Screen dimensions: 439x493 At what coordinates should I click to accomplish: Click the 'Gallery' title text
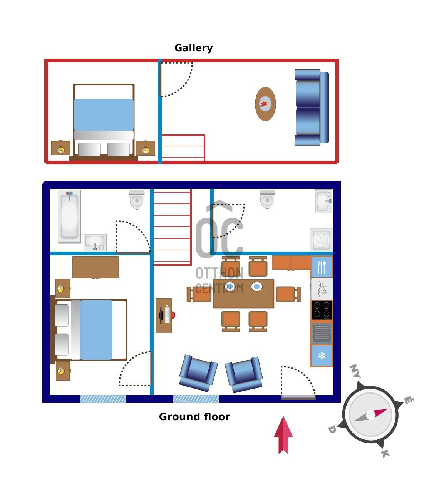pos(193,48)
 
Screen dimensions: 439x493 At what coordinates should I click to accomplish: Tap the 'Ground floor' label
pos(194,417)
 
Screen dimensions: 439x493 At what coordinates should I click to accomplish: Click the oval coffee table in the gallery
pos(265,104)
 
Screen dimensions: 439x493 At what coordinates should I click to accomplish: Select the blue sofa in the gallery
pos(312,107)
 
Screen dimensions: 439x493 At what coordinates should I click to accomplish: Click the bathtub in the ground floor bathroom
pos(70,216)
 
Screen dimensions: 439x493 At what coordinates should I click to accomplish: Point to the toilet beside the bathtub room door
pos(137,200)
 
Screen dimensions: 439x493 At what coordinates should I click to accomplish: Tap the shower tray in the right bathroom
pos(321,240)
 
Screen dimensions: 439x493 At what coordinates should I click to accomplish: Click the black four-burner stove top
pos(322,310)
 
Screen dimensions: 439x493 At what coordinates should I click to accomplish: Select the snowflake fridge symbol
pos(322,356)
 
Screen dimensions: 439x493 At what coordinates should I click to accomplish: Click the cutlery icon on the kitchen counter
pos(322,267)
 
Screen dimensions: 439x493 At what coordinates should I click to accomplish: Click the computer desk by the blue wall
pos(164,315)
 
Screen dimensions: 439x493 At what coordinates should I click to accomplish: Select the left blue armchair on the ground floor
pos(198,373)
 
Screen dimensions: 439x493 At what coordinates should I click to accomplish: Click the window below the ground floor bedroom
pos(103,399)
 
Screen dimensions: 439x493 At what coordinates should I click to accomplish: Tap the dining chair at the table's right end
pos(288,294)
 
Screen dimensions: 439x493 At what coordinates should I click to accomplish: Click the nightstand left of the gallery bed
pos(61,148)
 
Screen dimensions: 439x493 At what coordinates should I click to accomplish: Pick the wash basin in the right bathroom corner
pos(324,201)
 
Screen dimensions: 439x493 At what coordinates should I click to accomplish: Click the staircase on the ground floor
pos(172,227)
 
